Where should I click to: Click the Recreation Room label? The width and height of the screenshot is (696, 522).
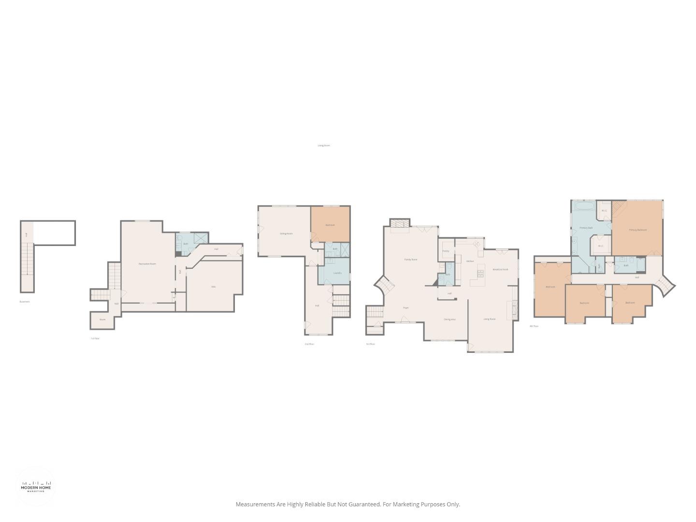coord(147,264)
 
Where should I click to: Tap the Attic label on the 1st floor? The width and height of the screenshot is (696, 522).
coord(214,287)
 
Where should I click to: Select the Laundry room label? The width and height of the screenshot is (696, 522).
coord(337,273)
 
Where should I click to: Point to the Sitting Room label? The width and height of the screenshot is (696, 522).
coord(286,234)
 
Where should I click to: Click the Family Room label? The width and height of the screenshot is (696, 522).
coord(411,260)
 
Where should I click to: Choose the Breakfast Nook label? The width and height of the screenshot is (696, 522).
coord(500,269)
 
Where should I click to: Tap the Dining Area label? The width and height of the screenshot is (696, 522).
coord(449,319)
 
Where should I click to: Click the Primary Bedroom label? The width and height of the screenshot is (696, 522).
coord(638,230)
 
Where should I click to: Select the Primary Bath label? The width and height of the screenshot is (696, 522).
coord(586,228)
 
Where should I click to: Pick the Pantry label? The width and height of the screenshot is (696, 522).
coord(446,251)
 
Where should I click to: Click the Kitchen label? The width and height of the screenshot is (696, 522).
coord(470,261)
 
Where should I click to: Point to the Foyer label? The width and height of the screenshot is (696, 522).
coord(406,307)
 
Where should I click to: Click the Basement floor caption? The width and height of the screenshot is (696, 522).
coord(25,302)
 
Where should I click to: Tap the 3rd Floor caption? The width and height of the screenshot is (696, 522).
coord(370,344)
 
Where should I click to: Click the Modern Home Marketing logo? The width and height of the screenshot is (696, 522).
coord(36,487)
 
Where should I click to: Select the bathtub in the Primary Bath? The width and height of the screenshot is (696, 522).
coord(585,206)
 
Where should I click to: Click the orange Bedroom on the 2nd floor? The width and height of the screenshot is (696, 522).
coord(330,225)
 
